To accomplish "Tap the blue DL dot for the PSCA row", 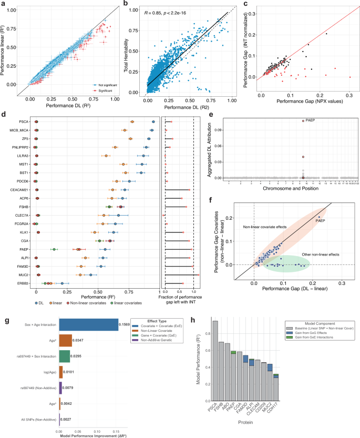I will click(153, 121).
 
